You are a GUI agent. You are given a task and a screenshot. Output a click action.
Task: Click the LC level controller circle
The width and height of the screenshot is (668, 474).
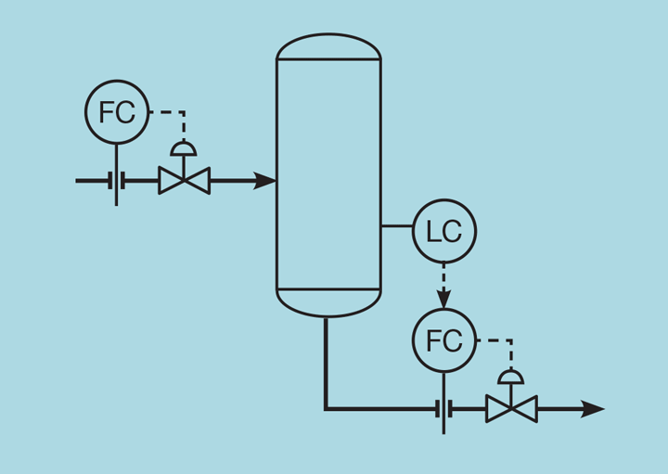pyautogui.click(x=443, y=231)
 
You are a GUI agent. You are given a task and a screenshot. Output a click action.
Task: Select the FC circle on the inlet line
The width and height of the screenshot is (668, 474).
pyautogui.click(x=117, y=111)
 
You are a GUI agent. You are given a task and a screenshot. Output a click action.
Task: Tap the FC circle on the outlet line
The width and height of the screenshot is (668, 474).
pyautogui.click(x=443, y=340)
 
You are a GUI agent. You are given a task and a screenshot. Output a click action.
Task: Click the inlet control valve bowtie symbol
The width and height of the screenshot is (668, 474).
pyautogui.click(x=184, y=180)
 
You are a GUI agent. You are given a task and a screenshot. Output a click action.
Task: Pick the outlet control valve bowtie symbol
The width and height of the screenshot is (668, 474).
pyautogui.click(x=511, y=408)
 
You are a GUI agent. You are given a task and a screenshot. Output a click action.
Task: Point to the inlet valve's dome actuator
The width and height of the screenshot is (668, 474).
pyautogui.click(x=184, y=148)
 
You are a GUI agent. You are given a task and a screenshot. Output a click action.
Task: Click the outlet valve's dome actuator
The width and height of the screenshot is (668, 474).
pyautogui.click(x=511, y=377)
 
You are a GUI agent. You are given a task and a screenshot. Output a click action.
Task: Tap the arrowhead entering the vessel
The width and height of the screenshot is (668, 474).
pyautogui.click(x=265, y=180)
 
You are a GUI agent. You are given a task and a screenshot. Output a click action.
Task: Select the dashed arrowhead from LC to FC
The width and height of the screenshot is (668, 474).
pyautogui.click(x=443, y=299)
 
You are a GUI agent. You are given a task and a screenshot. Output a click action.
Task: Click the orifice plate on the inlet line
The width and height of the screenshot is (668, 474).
pyautogui.click(x=117, y=180)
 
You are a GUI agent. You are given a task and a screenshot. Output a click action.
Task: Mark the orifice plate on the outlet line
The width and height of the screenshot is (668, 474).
pyautogui.click(x=443, y=408)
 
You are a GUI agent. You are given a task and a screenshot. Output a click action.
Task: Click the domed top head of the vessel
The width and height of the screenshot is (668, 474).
pyautogui.click(x=328, y=46)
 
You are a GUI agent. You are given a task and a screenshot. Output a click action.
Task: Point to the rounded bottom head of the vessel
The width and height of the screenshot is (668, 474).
pyautogui.click(x=328, y=303)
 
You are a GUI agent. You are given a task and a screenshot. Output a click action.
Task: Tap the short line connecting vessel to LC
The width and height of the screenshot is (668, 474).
pyautogui.click(x=396, y=225)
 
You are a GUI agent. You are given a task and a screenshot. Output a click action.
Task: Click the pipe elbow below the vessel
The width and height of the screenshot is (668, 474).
pyautogui.click(x=327, y=407)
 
